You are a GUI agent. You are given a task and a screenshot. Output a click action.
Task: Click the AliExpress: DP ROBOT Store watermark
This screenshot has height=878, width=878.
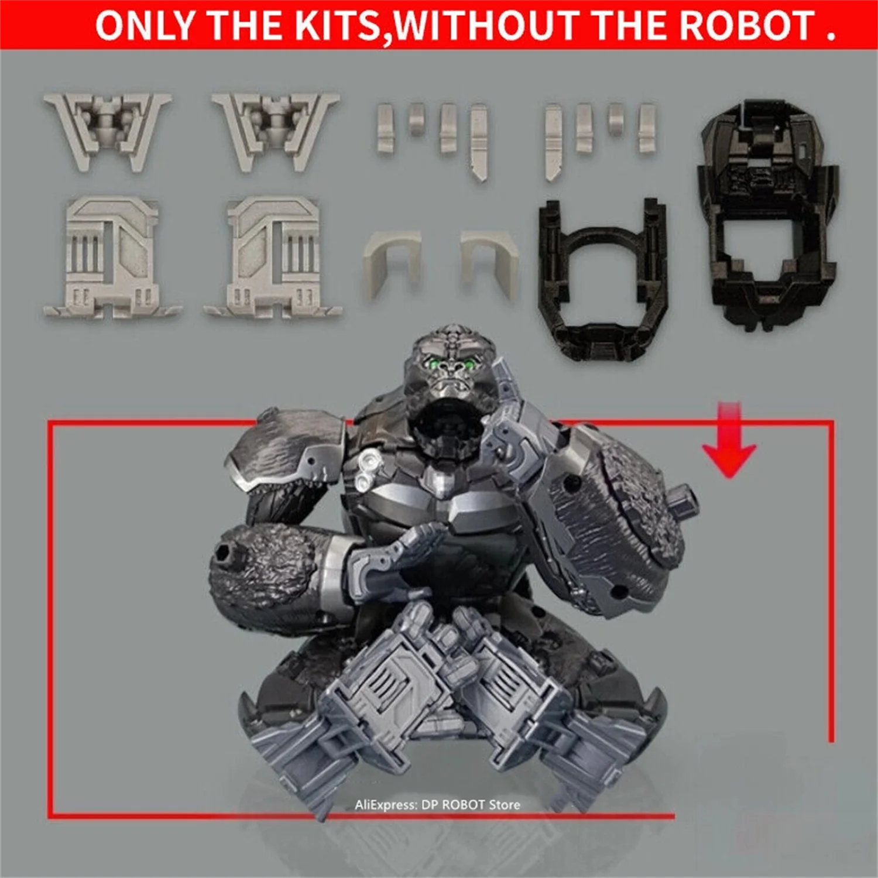coord(437,805)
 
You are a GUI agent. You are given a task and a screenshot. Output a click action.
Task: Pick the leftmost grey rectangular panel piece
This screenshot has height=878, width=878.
coord(112,258)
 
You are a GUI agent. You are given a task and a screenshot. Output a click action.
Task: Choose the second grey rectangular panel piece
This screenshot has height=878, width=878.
coord(273,258)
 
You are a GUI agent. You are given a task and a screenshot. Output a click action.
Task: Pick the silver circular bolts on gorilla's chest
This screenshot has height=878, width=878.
coord(368,470)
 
